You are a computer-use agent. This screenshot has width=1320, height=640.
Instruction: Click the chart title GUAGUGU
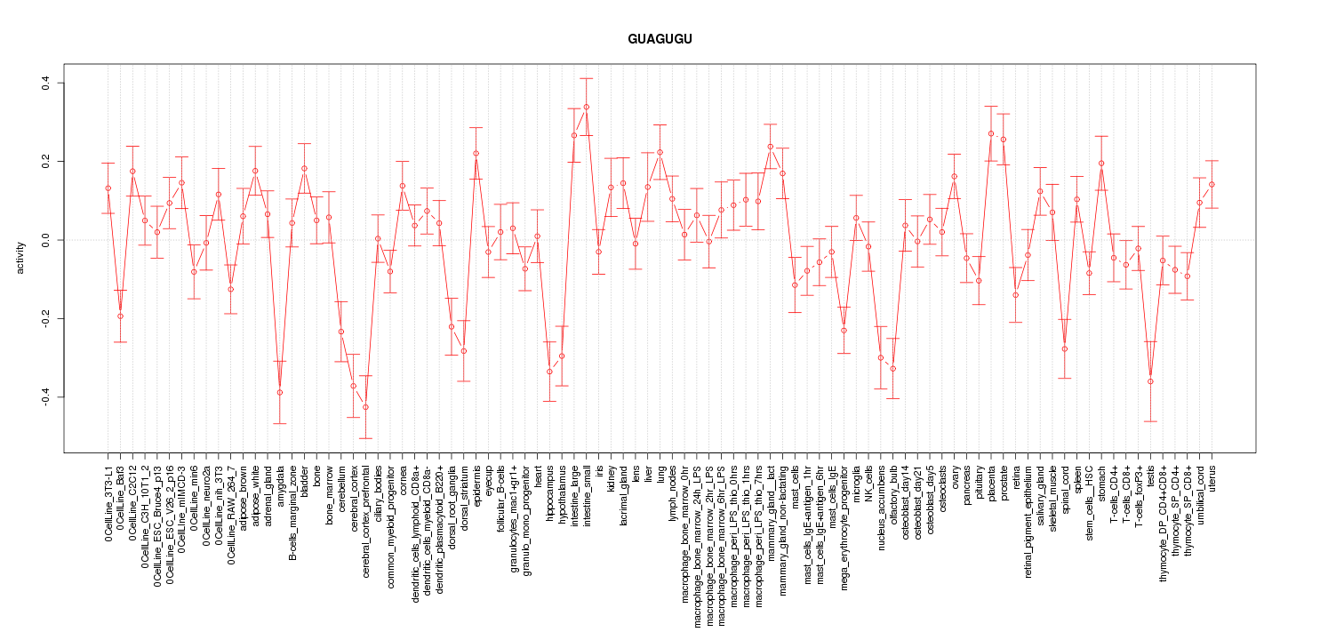(x=659, y=40)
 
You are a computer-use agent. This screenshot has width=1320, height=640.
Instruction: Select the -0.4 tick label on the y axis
(x=45, y=396)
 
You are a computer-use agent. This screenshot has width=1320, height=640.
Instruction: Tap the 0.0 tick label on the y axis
(x=45, y=240)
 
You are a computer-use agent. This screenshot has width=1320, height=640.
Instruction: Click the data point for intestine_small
(x=586, y=107)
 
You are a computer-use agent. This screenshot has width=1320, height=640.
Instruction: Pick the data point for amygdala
(x=279, y=392)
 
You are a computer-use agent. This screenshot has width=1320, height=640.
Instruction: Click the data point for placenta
(x=991, y=133)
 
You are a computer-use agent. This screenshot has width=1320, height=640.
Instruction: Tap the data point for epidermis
(x=476, y=154)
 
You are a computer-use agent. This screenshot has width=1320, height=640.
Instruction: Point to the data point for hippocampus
(x=549, y=372)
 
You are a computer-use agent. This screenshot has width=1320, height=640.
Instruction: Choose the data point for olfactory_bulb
(x=892, y=369)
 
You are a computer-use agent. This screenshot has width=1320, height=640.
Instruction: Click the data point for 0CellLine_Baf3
(x=120, y=316)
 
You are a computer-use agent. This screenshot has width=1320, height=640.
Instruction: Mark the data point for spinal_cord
(x=1065, y=348)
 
